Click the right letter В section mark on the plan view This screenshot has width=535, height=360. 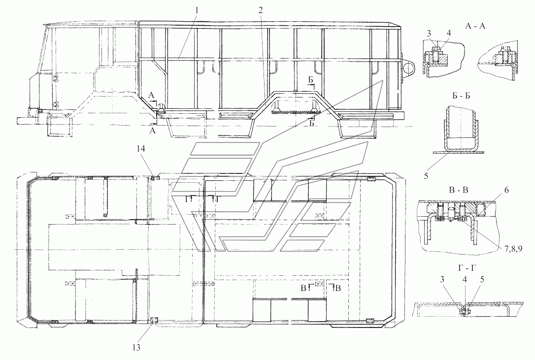point(337,289)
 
